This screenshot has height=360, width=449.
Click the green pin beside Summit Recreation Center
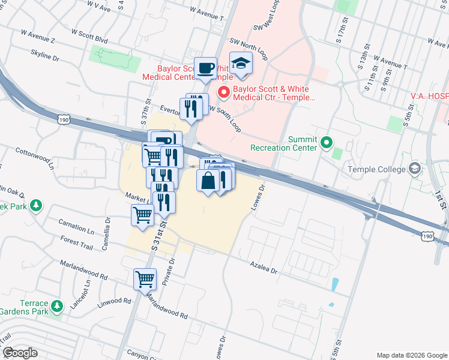click(x=326, y=142)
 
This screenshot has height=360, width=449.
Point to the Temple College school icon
click(x=414, y=169)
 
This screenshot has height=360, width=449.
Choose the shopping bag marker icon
click(x=208, y=180)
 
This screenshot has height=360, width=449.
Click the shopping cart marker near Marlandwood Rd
click(x=145, y=278)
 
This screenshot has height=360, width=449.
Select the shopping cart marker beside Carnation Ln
click(x=143, y=214)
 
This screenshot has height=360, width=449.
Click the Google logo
click(x=19, y=353)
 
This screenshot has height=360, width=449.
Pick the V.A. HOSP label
click(x=429, y=95)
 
